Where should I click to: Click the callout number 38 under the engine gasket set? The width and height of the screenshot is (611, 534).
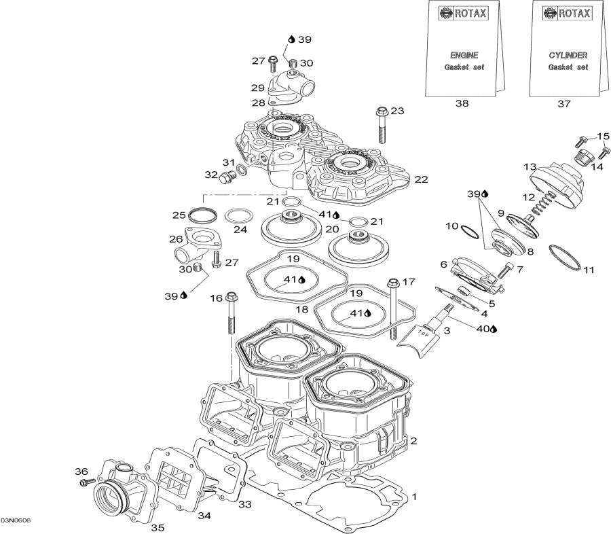pos(462,104)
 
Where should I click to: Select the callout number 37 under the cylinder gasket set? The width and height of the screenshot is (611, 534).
pos(563,104)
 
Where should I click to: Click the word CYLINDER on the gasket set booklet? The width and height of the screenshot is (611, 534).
pos(568,55)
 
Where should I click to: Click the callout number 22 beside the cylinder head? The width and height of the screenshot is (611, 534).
pos(421,179)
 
